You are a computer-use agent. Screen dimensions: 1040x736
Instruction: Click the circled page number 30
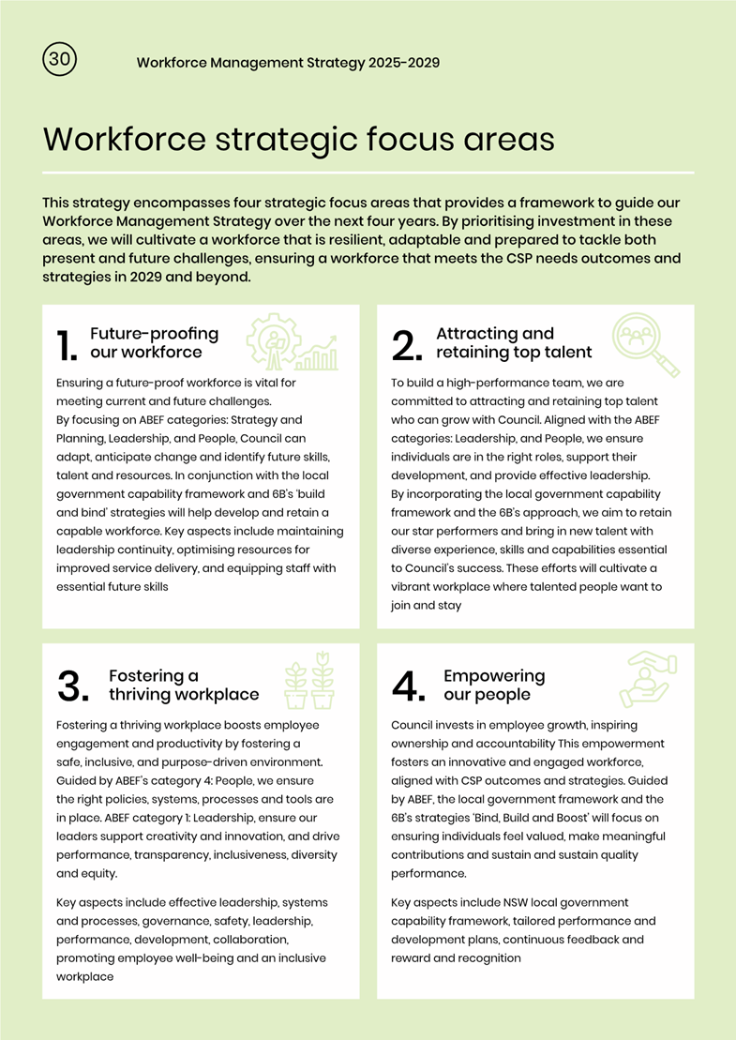pos(59,59)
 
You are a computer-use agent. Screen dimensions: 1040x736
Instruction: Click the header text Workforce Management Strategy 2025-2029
pos(288,63)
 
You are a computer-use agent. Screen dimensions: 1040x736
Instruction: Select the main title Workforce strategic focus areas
pos(298,140)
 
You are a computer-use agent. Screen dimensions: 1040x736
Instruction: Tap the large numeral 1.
pos(67,345)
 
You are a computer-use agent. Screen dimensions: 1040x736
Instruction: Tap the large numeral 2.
pos(408,345)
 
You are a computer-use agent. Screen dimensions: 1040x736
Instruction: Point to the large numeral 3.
pos(73,687)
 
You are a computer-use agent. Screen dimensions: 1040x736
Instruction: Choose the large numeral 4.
pos(410,687)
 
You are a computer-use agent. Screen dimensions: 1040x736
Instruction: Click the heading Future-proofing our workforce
pos(154,343)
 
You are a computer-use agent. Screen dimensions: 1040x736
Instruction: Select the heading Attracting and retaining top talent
pos(513,343)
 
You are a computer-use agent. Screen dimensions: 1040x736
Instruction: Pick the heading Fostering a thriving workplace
pos(183,686)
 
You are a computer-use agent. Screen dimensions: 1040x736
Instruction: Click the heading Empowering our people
pos(493,686)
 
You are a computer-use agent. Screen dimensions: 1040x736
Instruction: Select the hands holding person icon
pos(645,681)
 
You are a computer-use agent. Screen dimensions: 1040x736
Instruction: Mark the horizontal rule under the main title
pos(368,173)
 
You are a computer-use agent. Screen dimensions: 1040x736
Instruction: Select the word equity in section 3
pos(98,873)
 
